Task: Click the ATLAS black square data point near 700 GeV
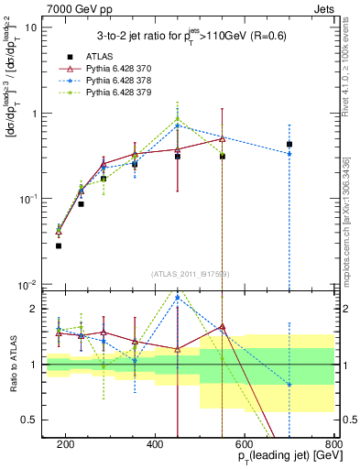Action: point(289,144)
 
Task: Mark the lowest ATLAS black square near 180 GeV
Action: point(59,245)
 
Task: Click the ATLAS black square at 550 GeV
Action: point(223,157)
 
